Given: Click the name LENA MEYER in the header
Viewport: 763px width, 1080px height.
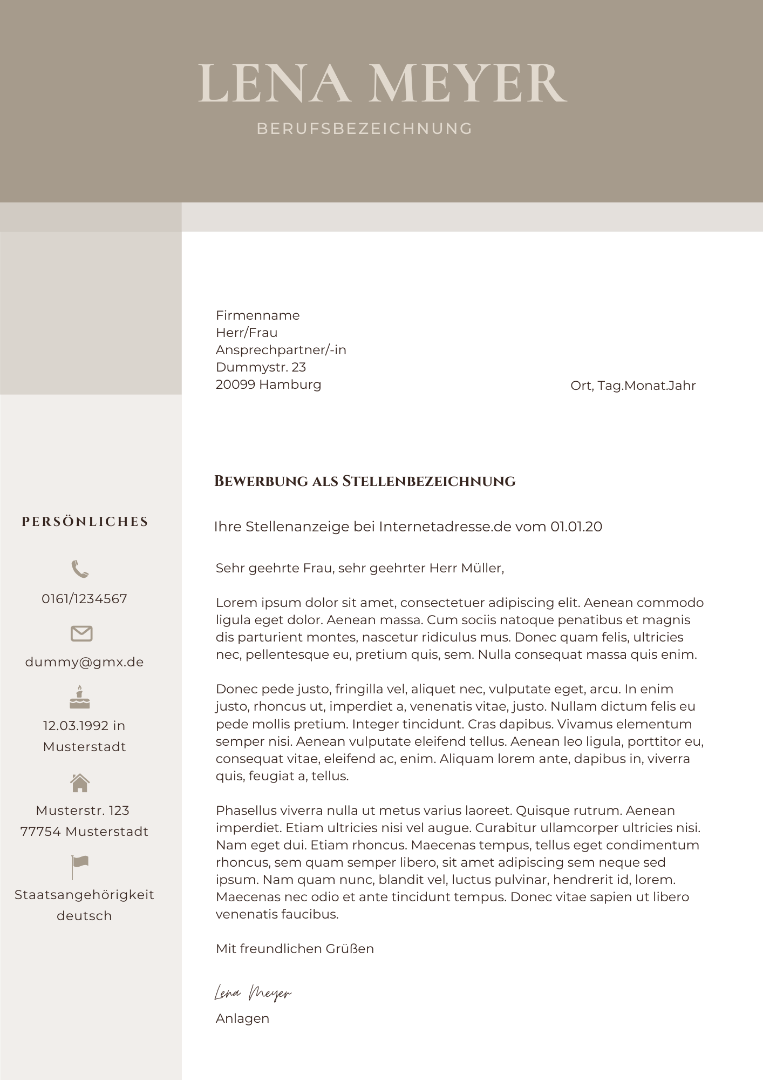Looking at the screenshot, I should [382, 83].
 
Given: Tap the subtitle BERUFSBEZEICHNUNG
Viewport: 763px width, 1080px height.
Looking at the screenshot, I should [364, 129].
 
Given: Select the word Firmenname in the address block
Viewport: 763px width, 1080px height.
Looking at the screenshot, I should [257, 315].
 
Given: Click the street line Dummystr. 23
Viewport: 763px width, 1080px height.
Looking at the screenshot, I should [261, 367].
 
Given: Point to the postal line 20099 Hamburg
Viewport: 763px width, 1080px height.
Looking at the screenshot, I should [268, 384].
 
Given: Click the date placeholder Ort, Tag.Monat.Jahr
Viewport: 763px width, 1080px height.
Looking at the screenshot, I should [632, 386].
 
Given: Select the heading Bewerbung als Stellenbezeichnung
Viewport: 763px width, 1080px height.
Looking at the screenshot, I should [365, 481].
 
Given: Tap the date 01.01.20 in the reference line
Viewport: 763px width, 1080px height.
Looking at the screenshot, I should [576, 526].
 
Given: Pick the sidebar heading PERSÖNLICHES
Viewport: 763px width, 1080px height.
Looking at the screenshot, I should [85, 522].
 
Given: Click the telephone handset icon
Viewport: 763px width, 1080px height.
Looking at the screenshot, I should [80, 569].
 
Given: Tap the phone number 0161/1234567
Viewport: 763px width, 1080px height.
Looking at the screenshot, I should [84, 599].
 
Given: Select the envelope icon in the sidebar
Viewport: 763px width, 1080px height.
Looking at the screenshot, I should [81, 633].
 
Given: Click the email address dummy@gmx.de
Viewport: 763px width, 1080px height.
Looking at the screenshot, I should [84, 662].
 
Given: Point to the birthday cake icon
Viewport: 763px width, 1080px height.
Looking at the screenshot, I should [80, 697].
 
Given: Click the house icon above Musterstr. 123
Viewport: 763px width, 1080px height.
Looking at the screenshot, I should [80, 782].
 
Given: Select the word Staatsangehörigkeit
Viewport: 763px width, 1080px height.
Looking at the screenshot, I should [84, 895].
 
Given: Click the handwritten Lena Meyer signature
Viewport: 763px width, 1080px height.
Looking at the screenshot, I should [253, 993].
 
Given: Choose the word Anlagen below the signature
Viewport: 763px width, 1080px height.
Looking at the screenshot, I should [242, 1018].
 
